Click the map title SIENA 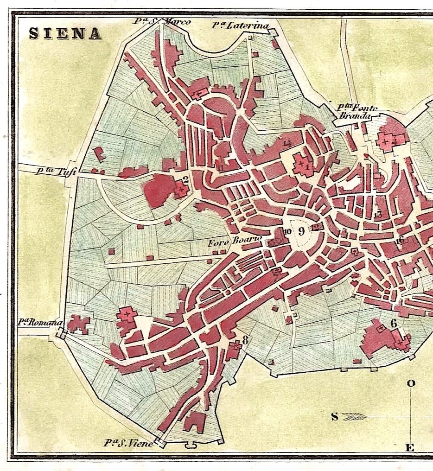(x=64, y=34)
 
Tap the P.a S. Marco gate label (x=162, y=21)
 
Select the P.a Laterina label (x=240, y=25)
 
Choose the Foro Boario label (x=235, y=241)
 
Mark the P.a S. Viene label (x=128, y=443)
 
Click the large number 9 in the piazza (x=301, y=231)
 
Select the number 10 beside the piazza (x=287, y=232)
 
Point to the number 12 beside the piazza (x=316, y=227)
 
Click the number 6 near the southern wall (x=394, y=323)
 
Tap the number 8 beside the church (x=245, y=340)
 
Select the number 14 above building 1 (x=287, y=143)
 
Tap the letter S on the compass (x=335, y=416)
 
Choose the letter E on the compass (x=410, y=447)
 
